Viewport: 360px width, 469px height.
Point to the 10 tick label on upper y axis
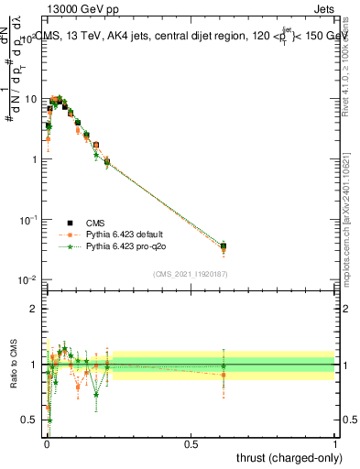coord(30,99)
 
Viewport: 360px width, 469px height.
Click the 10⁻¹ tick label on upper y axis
coord(28,220)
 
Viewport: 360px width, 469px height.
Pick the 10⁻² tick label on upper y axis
coord(28,280)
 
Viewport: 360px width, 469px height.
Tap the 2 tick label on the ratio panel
coord(34,309)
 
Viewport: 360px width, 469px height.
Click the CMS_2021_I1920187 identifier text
coord(190,272)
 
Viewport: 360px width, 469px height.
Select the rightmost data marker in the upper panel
coord(224,245)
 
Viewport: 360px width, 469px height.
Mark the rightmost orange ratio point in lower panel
coord(224,375)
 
